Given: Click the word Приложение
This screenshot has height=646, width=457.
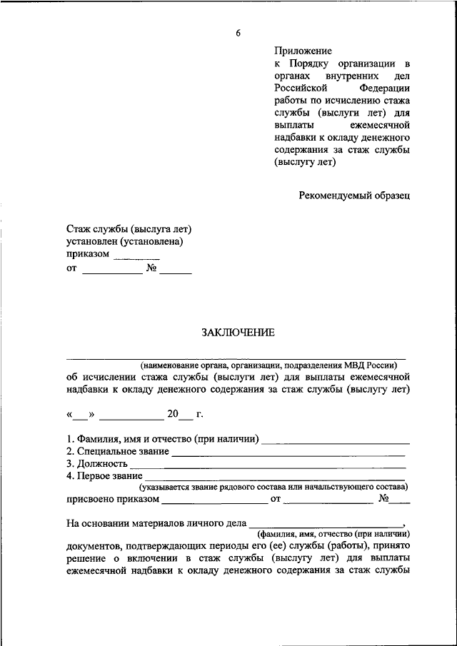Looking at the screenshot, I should point(303,51).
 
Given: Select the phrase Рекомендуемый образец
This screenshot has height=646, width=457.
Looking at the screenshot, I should point(355,195).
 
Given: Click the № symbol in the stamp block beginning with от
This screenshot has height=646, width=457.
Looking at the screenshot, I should point(151,269).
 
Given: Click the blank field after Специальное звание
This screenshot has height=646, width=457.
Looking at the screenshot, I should point(288,453).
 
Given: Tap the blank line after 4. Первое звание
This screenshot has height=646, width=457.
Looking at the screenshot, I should point(275,477).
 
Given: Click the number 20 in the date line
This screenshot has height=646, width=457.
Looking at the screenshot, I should point(173,414).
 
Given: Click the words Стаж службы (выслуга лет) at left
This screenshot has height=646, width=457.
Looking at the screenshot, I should point(129,228).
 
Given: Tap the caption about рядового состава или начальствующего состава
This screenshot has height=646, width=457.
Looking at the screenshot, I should point(273,487).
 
